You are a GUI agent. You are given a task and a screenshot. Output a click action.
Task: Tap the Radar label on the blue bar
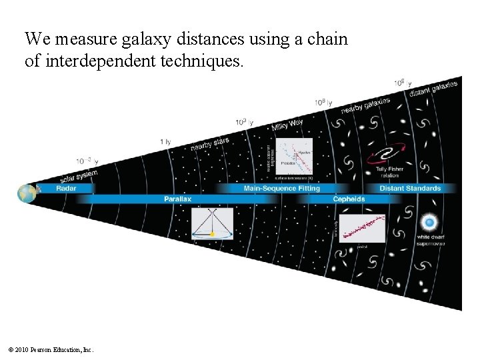(66, 189)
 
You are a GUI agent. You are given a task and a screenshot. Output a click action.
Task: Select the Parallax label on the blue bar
(177, 199)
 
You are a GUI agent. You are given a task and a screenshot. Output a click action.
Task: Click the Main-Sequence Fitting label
(282, 189)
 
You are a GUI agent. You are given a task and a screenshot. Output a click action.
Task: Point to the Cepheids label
(349, 199)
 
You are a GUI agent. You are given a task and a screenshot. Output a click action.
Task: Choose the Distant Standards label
(410, 189)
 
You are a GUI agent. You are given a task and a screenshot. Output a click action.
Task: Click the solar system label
(78, 177)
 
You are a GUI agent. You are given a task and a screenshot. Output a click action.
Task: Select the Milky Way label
(287, 125)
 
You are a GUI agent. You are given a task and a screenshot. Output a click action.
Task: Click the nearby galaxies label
(365, 105)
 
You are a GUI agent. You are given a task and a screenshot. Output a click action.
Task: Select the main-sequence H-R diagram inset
(293, 159)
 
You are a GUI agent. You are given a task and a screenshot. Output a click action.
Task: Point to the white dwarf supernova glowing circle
(430, 222)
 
